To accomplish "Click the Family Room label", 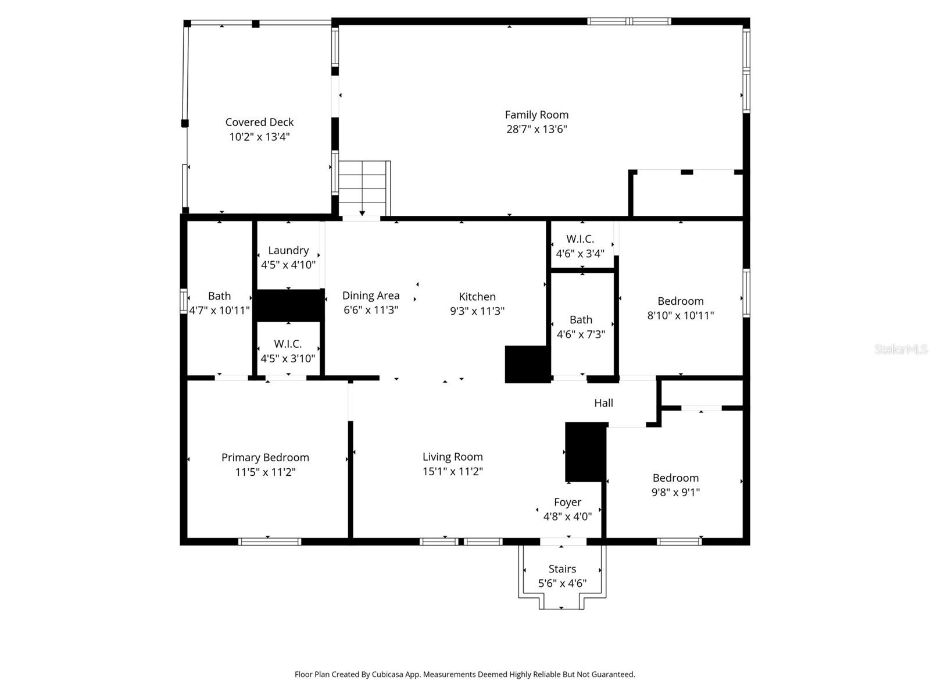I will [x=536, y=115].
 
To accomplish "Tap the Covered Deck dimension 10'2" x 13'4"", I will [x=259, y=137].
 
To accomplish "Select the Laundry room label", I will [x=288, y=250].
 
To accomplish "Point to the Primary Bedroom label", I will [x=265, y=457].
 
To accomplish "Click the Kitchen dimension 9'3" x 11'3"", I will [x=477, y=311].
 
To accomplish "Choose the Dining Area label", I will [x=370, y=295].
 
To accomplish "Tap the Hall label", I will [x=603, y=403].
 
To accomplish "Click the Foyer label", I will [x=567, y=502].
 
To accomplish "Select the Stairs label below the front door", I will [x=562, y=569].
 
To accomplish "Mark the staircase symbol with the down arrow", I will [x=363, y=188].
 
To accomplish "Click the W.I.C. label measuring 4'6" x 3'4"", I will [x=580, y=239].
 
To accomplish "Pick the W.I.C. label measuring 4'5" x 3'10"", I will [x=288, y=344].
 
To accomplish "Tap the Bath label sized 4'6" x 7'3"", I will [x=581, y=319].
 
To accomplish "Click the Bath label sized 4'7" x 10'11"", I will [x=219, y=296].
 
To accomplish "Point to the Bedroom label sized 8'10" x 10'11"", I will [x=680, y=301].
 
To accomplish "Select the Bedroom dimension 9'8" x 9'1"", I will [x=675, y=493].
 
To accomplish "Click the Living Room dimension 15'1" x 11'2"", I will [x=452, y=472].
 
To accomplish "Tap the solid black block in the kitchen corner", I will [x=527, y=364].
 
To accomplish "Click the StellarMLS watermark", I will [x=900, y=350].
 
